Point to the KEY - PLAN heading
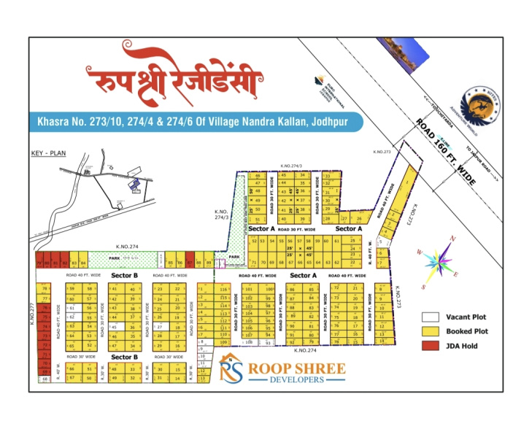point(48,154)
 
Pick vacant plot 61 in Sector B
point(72,308)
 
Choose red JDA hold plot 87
point(190,262)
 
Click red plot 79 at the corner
point(39,262)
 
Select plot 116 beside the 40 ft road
point(223,289)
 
